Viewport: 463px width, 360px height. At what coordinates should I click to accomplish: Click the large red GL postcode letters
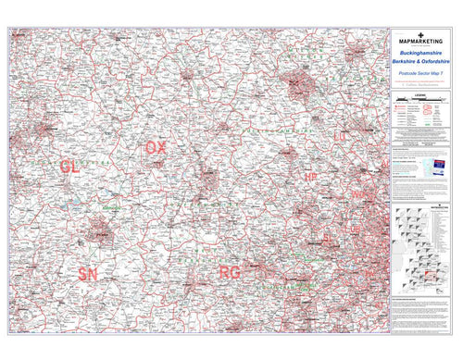pos(69,166)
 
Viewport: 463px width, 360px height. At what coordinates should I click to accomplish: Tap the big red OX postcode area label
pos(156,148)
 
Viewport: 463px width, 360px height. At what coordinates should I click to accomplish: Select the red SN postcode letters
pos(88,274)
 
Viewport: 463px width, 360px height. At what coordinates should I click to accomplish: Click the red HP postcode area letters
pos(310,176)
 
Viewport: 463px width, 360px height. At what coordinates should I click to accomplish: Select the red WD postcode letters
pos(357,195)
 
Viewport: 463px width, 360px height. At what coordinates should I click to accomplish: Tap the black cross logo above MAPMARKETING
pos(421,31)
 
